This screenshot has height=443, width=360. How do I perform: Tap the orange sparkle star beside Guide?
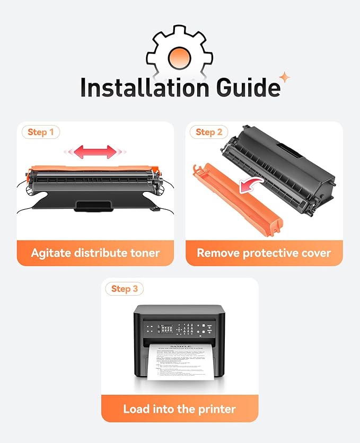(x=285, y=77)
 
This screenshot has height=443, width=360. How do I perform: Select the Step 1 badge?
(x=40, y=132)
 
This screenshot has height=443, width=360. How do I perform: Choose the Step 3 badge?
(x=125, y=289)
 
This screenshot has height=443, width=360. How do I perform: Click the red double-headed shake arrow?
(x=95, y=152)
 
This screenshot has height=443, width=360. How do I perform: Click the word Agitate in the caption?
(x=51, y=253)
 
